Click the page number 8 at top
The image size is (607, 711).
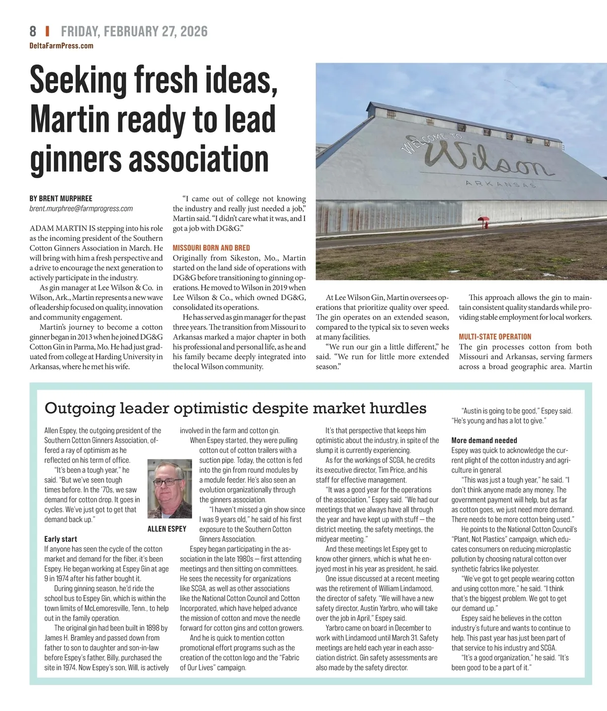click(x=33, y=31)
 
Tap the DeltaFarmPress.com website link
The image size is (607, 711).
click(x=61, y=46)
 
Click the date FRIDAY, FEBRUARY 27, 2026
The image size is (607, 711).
click(x=134, y=31)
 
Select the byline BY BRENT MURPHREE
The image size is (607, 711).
click(x=61, y=198)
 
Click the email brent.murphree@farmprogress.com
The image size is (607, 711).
click(x=81, y=208)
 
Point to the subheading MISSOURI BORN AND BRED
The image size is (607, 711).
click(x=211, y=248)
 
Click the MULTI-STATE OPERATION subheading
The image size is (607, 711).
click(x=495, y=337)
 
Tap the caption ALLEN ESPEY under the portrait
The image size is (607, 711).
click(x=166, y=529)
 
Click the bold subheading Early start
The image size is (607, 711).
click(x=61, y=539)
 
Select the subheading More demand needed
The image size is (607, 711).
click(x=484, y=440)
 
